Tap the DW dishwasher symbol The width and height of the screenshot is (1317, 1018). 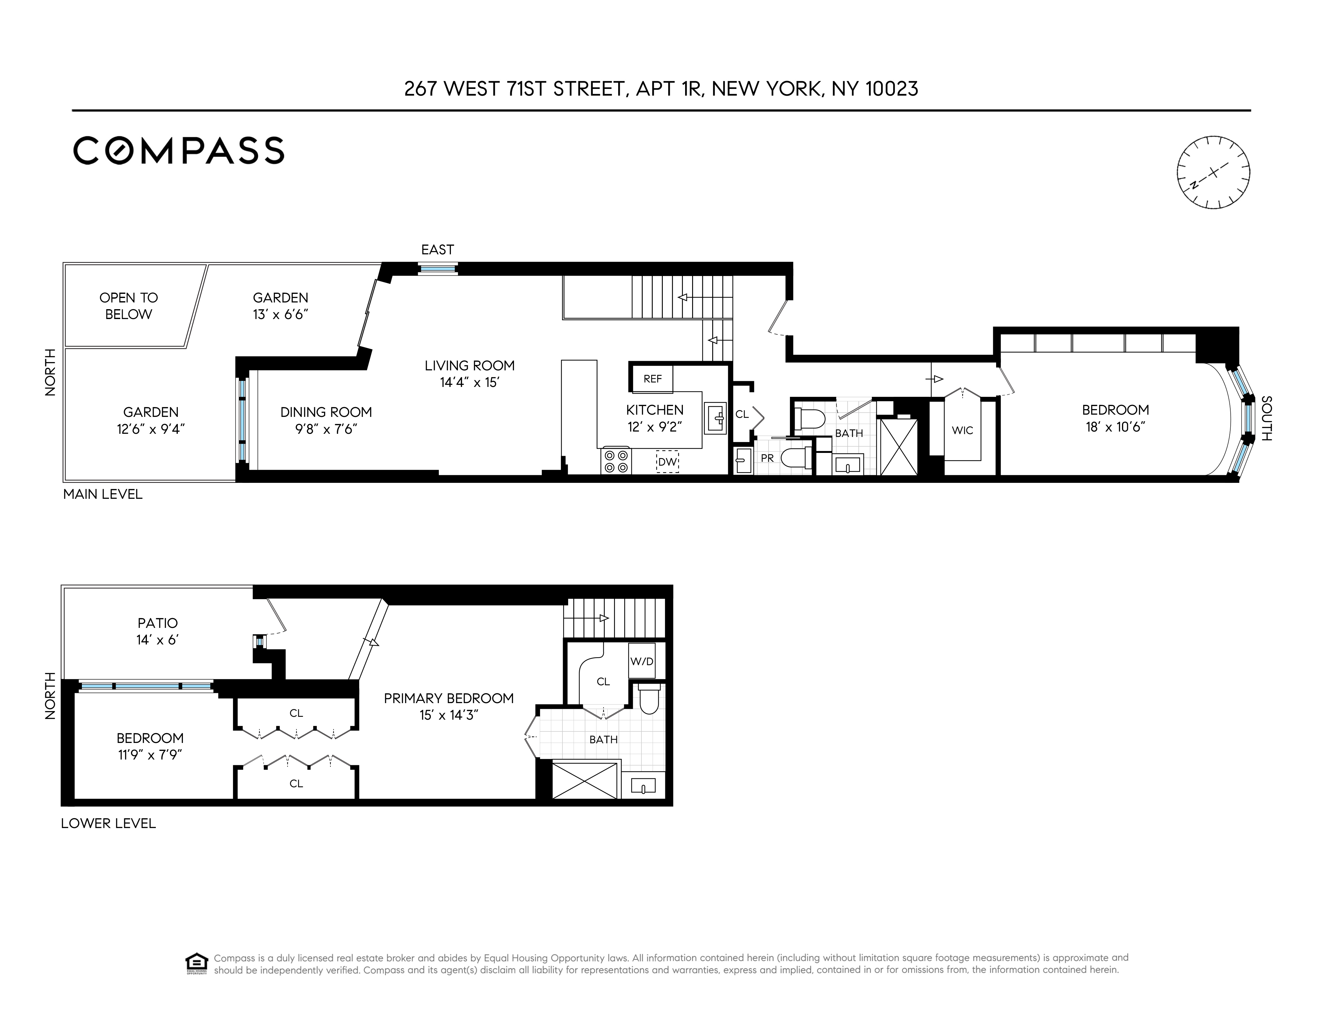tap(667, 462)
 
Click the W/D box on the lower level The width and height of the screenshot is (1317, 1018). tap(642, 661)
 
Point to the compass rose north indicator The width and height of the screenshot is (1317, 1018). tap(1213, 172)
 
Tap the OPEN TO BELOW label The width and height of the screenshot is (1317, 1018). tap(128, 306)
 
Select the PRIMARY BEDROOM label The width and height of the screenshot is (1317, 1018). tap(449, 698)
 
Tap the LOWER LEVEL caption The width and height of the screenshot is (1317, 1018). tap(109, 823)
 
